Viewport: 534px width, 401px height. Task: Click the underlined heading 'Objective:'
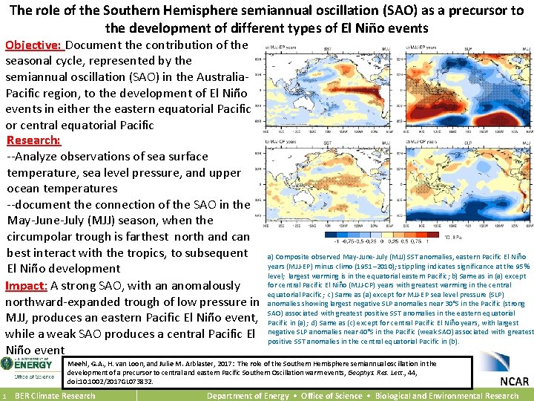tap(33, 45)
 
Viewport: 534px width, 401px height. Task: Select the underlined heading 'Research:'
tap(33, 140)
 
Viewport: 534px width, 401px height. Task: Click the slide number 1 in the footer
tap(4, 396)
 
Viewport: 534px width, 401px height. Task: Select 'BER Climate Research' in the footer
tap(55, 396)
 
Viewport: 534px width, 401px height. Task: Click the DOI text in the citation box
tap(111, 382)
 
